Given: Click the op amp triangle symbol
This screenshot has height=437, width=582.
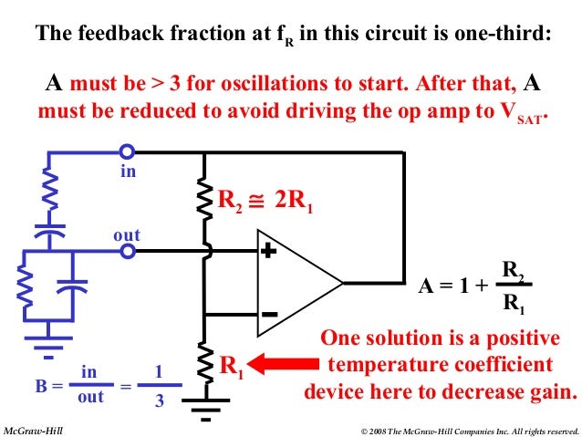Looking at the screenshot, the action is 292,282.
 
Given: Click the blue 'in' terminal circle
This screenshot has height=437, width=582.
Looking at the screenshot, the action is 128,151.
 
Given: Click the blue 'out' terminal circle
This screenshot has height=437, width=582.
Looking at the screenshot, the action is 128,250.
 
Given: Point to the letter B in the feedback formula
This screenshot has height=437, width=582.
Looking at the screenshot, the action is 42,386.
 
